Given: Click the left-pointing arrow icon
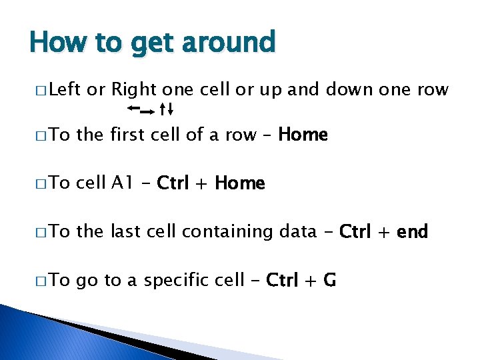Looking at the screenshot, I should tap(133, 107).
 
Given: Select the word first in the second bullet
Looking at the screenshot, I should tap(130, 135).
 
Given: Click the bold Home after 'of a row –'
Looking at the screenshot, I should tap(303, 135).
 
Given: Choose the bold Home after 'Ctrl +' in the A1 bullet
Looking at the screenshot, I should tap(240, 183).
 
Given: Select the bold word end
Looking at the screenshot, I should tap(412, 232).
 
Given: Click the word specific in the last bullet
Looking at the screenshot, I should tap(173, 281).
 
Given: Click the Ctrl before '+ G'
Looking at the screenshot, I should tap(283, 281).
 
